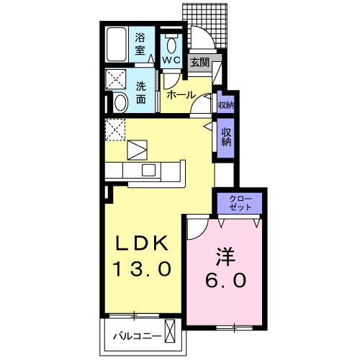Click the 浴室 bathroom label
(x=140, y=44)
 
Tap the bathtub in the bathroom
(x=117, y=45)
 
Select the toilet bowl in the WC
(x=171, y=44)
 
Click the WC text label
(x=171, y=60)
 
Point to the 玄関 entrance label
(x=200, y=63)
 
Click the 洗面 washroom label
(x=141, y=93)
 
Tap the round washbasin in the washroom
(x=120, y=103)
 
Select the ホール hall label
(x=181, y=95)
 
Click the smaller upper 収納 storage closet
(x=226, y=104)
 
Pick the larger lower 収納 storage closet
(x=226, y=138)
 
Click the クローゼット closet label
(x=240, y=203)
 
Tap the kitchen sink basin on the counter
(x=148, y=170)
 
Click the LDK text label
(x=142, y=243)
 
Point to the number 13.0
(x=142, y=269)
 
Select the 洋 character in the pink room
(x=225, y=257)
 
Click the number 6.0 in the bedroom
(x=225, y=280)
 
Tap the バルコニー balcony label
(x=138, y=336)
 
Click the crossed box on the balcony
(x=170, y=331)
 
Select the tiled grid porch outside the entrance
(x=204, y=26)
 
